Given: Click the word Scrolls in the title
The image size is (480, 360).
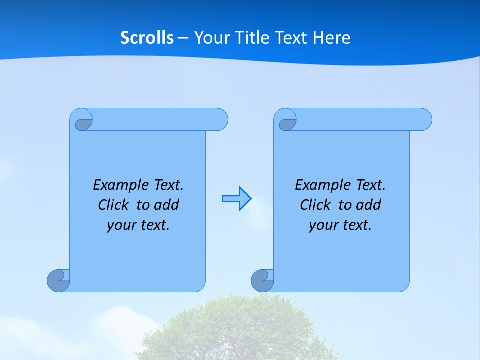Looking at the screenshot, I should (x=147, y=38).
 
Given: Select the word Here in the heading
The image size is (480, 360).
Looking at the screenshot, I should (x=331, y=38).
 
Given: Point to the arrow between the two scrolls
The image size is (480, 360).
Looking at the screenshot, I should (x=236, y=199).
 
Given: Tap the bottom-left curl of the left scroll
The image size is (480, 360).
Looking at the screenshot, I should (x=58, y=281).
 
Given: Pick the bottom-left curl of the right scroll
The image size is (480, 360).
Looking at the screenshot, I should (x=262, y=281).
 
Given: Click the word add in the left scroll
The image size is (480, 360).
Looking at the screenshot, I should (x=167, y=205).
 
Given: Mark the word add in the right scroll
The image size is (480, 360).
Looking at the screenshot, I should (x=369, y=205).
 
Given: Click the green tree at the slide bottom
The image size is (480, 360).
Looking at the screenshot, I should (x=240, y=330).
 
